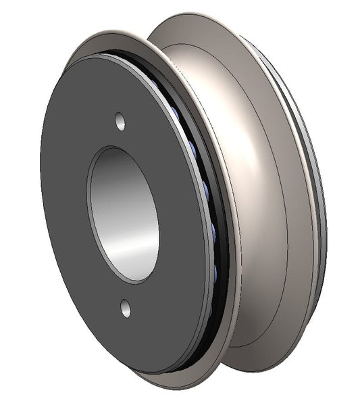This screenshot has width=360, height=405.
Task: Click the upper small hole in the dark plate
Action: (120, 122)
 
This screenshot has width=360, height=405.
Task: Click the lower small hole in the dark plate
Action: (126, 308)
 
